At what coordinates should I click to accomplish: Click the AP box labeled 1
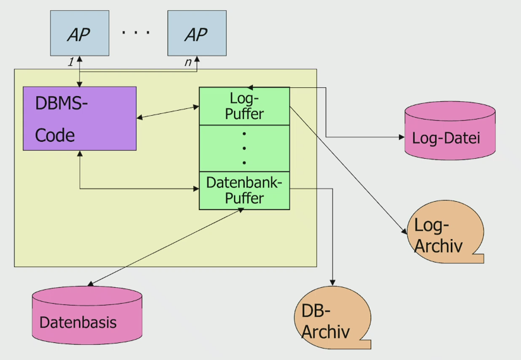coord(79,33)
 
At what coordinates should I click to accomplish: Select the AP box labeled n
coord(197,33)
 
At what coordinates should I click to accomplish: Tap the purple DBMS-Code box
coord(80,118)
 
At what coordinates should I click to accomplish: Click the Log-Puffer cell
coord(244,106)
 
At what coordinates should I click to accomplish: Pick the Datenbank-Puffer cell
coord(244,190)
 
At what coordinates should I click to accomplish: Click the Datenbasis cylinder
coord(87,315)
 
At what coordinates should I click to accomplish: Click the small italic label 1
coord(71,63)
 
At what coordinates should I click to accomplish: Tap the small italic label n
coord(188,63)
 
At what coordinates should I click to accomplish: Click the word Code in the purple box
coord(54,135)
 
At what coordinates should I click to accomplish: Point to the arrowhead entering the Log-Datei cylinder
coord(401,137)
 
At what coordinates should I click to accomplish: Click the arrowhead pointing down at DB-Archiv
coord(333,282)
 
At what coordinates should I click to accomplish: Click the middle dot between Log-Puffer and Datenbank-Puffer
coord(244,148)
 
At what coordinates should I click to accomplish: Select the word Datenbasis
coord(78,322)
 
